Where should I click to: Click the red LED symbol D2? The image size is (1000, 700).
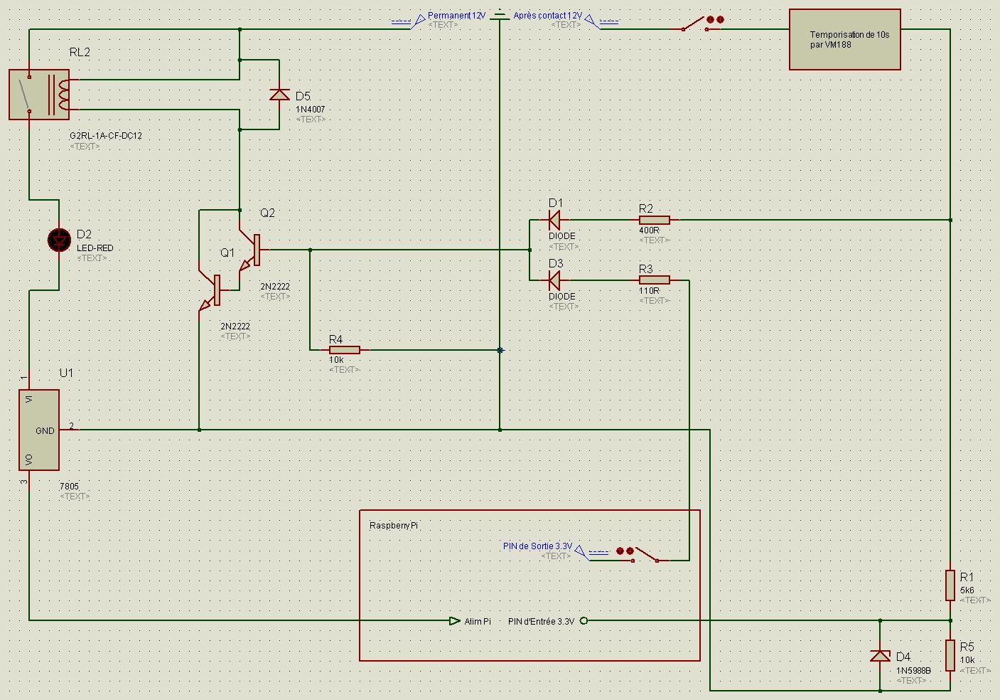[x=59, y=240]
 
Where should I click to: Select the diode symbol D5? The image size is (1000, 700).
[x=279, y=94]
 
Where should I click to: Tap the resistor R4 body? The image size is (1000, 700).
[x=344, y=350]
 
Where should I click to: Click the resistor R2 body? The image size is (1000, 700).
[x=654, y=220]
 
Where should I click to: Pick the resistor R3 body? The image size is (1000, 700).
[x=654, y=280]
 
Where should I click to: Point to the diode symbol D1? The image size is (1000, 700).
[x=554, y=220]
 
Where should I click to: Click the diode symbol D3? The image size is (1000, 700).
[x=554, y=280]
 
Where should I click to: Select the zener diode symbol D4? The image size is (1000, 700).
[x=880, y=655]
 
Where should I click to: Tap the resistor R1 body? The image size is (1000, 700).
[x=950, y=585]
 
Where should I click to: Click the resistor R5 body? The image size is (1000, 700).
[x=950, y=655]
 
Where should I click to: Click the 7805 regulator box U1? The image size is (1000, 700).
[x=39, y=430]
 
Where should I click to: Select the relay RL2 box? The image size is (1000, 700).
[x=39, y=94]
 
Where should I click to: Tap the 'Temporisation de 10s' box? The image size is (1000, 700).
[x=844, y=39]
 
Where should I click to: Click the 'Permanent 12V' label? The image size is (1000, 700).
[x=456, y=16]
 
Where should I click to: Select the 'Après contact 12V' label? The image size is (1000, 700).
[x=548, y=16]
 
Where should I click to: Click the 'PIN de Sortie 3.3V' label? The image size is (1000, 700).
[x=537, y=546]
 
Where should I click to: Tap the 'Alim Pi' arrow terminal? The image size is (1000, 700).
[x=454, y=620]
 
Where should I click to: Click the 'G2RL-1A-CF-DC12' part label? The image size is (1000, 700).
[x=106, y=135]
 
